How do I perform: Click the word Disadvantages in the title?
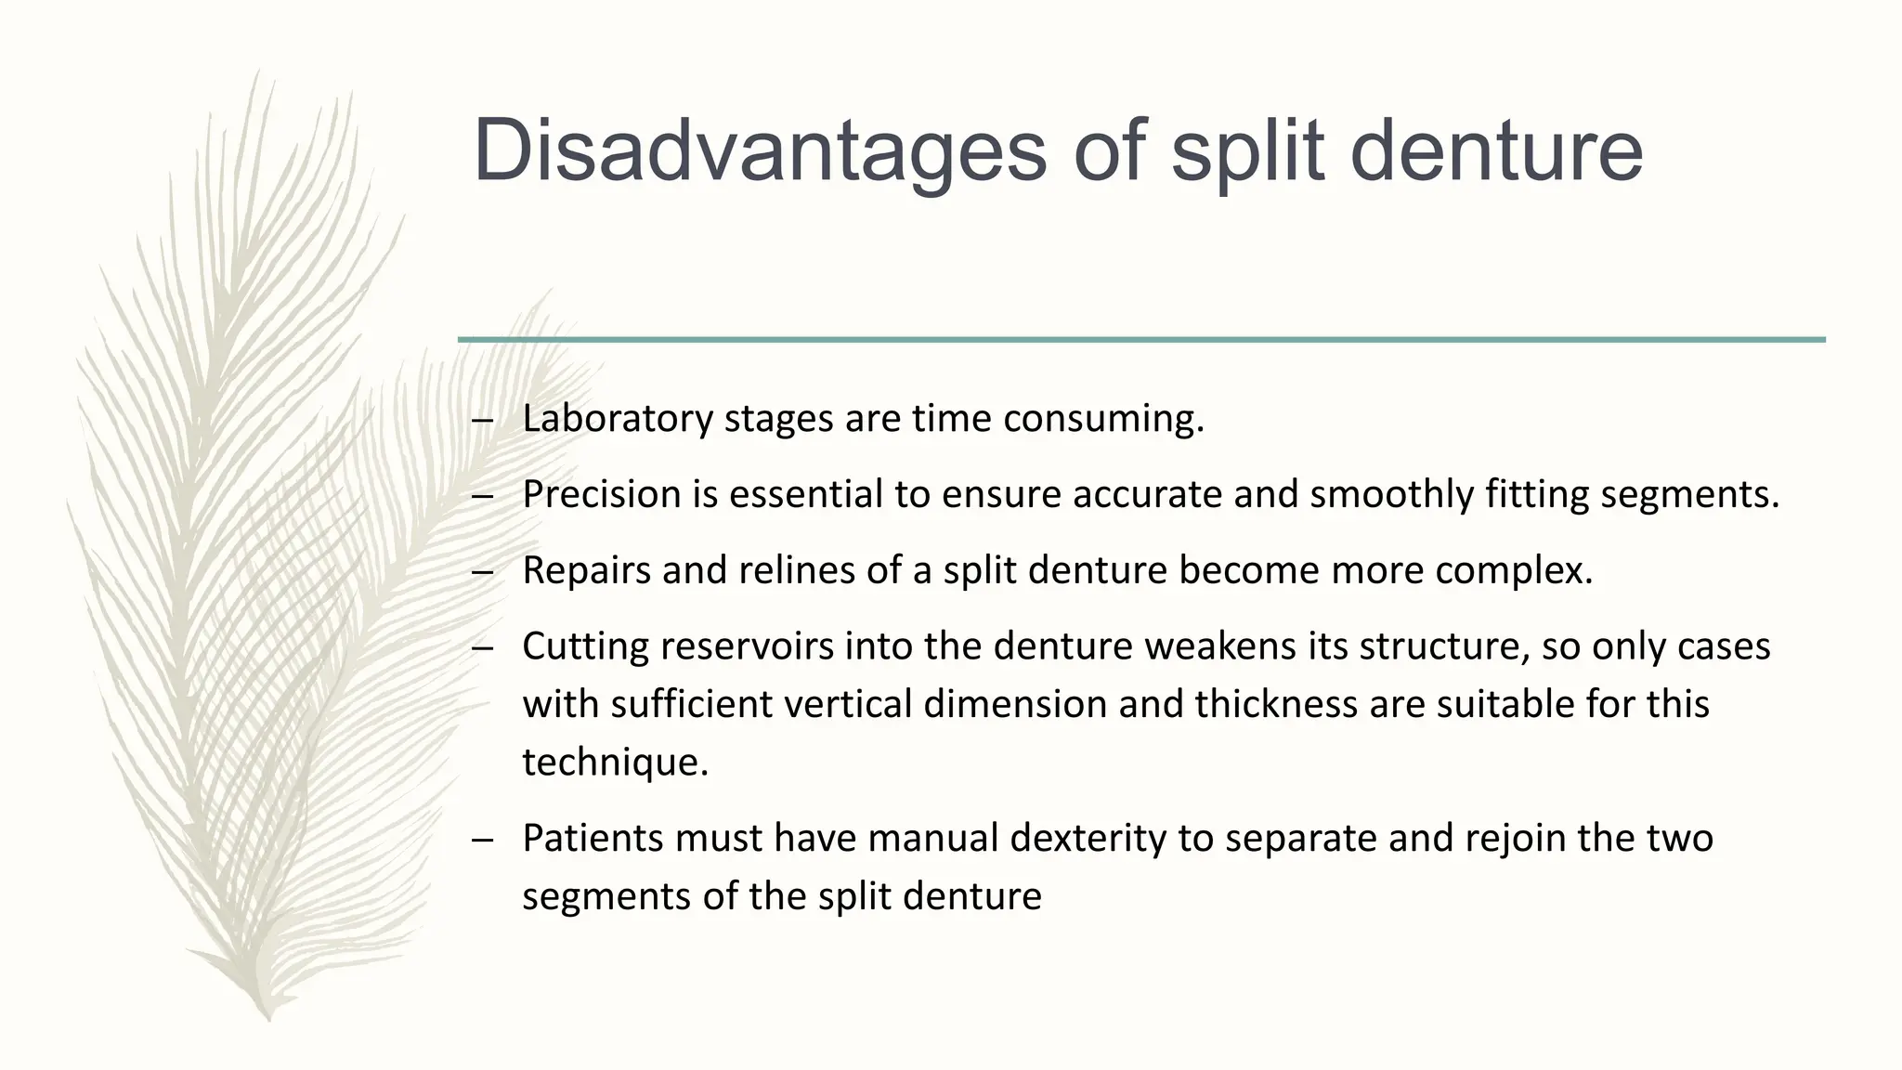pyautogui.click(x=760, y=150)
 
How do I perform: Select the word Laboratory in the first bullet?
pyautogui.click(x=618, y=419)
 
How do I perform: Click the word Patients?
pyautogui.click(x=593, y=838)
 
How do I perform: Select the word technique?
pyautogui.click(x=615, y=763)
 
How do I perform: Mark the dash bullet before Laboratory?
pyautogui.click(x=482, y=420)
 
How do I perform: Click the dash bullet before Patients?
pyautogui.click(x=482, y=840)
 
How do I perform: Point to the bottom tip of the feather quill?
pyautogui.click(x=268, y=1018)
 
